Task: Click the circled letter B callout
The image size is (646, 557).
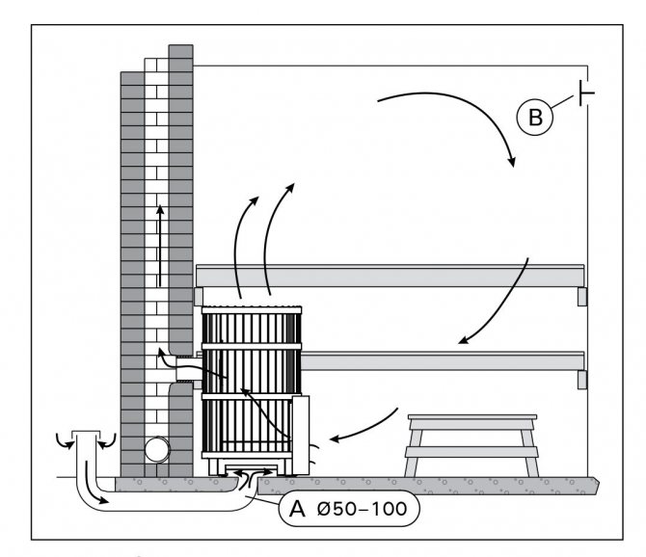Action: [535, 118]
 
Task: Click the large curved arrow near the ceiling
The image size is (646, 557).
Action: [453, 116]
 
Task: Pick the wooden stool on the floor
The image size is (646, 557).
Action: [471, 443]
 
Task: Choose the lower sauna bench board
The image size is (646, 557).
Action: [444, 360]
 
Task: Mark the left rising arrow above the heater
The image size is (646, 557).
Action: [244, 241]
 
